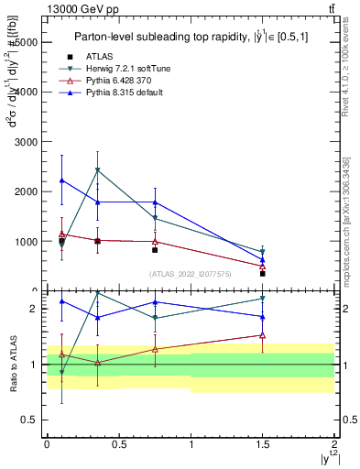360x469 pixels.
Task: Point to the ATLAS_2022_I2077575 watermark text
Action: tap(190, 273)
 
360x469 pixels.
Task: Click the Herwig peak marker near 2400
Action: tap(98, 170)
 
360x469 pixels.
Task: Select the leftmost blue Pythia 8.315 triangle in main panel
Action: tap(61, 180)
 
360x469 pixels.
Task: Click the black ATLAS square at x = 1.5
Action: tap(262, 273)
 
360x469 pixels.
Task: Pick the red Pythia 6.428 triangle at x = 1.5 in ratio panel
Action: tap(262, 335)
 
